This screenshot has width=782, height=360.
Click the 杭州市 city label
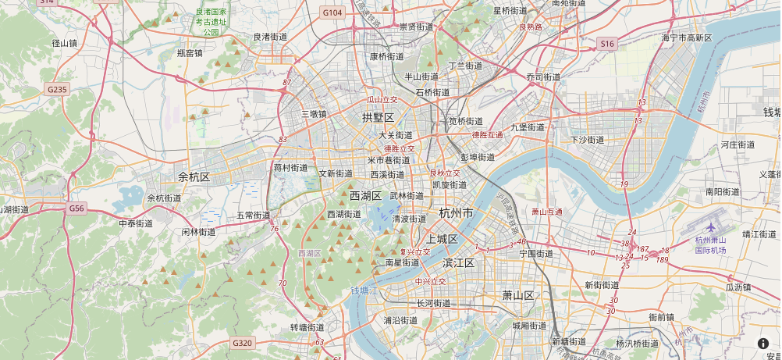pos(457,213)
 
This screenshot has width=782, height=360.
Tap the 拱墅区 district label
pos(379,117)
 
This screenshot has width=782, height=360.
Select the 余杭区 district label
pos(194,176)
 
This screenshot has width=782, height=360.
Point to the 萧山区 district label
pos(517,295)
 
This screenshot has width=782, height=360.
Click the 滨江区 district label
pos(458,263)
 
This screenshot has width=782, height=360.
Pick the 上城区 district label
pos(442,239)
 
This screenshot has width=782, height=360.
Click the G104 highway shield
pos(332,12)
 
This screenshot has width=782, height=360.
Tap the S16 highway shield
pos(608,44)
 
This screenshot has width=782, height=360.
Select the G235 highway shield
pos(57,90)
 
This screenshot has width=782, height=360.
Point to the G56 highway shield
pos(76,209)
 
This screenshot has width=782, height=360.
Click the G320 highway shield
pos(242,342)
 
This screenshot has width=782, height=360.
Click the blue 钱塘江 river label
pos(364,290)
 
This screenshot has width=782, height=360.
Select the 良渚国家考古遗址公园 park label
pos(211,22)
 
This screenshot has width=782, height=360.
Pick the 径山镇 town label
pos(62,43)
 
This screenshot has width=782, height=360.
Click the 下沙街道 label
pos(587,140)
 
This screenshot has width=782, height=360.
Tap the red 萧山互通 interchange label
pos(546,212)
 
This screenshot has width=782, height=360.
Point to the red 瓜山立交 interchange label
pos(382,100)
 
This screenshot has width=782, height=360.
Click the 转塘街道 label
pos(307,327)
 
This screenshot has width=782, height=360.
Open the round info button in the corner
pos(763,343)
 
